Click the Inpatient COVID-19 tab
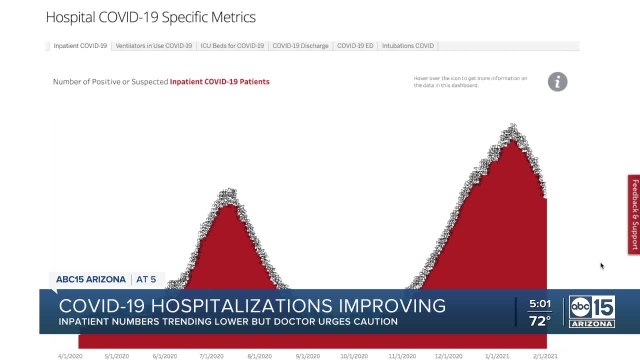point(79,45)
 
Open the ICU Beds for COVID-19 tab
point(231,45)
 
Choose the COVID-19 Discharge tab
point(300,45)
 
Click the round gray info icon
point(557,82)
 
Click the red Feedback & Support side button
point(633,214)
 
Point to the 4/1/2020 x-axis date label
point(68,354)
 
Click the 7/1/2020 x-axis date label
point(210,354)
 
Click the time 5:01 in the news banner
point(540,304)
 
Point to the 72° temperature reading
point(540,322)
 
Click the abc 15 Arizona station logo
point(593,312)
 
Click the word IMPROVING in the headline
point(387,305)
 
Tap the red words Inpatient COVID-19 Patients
point(219,82)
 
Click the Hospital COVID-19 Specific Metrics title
point(150,17)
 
